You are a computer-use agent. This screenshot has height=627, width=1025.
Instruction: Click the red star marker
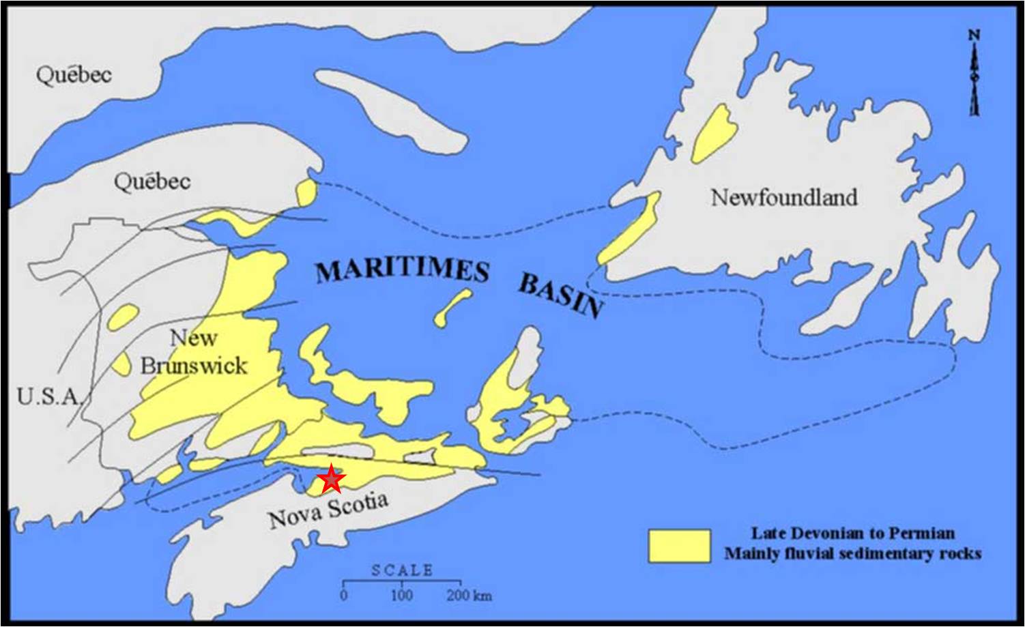pos(331,479)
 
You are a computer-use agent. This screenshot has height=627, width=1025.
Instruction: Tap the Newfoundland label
pos(784,198)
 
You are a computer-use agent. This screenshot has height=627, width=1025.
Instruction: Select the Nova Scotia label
pos(328,510)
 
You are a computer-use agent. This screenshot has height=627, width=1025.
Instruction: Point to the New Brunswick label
pos(194,352)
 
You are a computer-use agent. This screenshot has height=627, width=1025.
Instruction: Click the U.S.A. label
pos(48,396)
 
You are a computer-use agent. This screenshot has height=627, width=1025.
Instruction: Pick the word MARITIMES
pos(403,269)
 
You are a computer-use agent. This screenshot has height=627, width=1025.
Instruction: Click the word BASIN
pos(561,295)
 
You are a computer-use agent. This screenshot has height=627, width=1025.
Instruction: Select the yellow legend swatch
pos(679,546)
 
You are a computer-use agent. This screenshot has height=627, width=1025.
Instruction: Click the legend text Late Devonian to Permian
pos(853,533)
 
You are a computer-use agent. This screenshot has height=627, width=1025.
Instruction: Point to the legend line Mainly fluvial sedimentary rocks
pos(853,553)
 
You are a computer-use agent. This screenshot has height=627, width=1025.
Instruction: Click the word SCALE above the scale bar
pos(402,570)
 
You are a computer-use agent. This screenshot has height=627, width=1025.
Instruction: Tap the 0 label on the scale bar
pos(344,595)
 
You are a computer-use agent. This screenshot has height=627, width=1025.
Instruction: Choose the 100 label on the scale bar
pos(401,595)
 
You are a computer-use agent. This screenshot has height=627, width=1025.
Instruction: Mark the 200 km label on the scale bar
pos(469,595)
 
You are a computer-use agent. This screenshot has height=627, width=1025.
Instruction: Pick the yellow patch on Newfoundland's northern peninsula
pos(713,133)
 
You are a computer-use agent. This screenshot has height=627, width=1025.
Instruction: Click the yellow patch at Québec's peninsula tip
pos(306,192)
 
